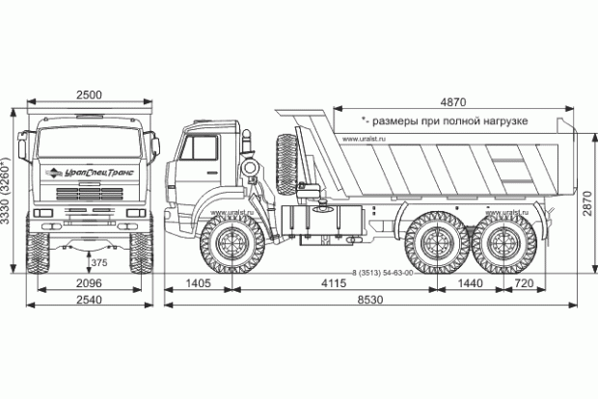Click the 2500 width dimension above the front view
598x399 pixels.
90,94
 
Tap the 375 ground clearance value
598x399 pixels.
98,261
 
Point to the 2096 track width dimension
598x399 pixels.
92,285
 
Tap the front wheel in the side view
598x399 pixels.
231,244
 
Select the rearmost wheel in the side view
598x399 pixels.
503,244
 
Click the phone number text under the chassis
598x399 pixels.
383,273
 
